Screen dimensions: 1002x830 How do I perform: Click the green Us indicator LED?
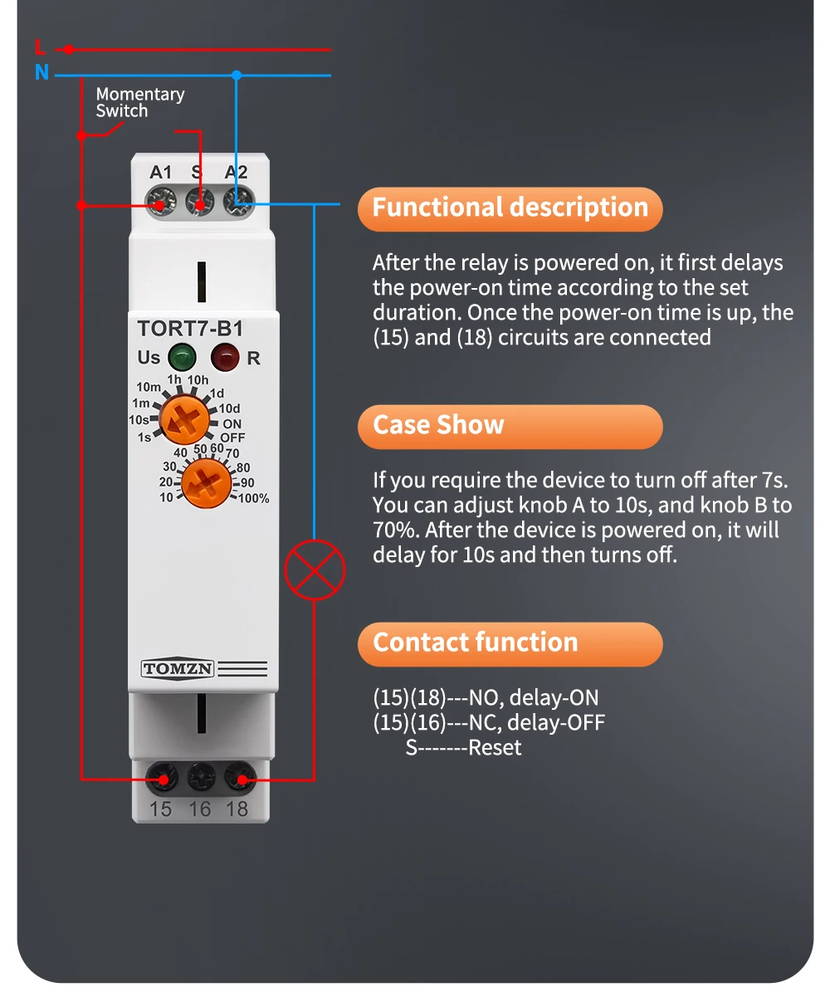tap(182, 358)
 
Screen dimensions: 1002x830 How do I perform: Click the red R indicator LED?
tap(224, 358)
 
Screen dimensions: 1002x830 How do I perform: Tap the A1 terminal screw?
tap(160, 201)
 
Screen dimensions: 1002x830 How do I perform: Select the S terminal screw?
tap(199, 201)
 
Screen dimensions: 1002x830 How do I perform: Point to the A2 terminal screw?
tap(238, 201)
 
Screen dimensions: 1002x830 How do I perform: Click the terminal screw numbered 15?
tap(161, 779)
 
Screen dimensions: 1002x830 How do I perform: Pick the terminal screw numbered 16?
tap(201, 779)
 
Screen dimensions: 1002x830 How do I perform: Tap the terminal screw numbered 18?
tap(240, 779)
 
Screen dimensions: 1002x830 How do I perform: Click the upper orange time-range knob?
tap(184, 419)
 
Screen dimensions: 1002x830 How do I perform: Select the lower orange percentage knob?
tap(206, 482)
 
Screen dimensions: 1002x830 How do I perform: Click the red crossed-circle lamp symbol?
tap(315, 569)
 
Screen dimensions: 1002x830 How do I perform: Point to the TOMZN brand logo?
tap(178, 669)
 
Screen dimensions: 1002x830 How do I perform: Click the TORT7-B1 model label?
tap(190, 329)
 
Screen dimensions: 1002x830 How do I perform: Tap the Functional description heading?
tap(510, 208)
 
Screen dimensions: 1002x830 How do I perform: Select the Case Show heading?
tap(438, 425)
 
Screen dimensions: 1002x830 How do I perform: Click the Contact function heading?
tap(475, 643)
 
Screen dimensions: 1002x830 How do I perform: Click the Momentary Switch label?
tap(139, 103)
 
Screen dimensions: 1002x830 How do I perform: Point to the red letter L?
tap(40, 47)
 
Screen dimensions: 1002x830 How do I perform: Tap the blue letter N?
tap(41, 73)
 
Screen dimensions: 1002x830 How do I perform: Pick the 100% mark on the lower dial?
tap(254, 499)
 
